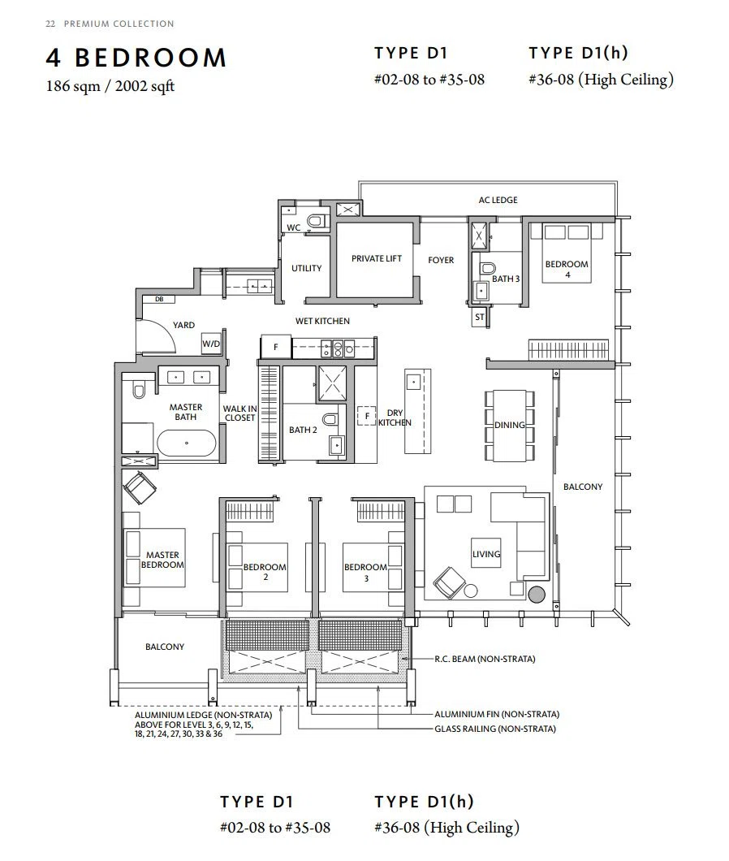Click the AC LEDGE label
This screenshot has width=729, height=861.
pos(498,200)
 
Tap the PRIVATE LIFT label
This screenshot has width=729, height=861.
pos(377,258)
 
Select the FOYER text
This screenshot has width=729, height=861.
pos(441,260)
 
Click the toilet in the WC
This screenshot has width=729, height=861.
pos(316,221)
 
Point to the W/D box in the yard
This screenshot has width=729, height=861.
pos(211,344)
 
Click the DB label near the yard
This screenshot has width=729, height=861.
pos(158,299)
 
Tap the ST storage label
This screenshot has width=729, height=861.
pos(480,317)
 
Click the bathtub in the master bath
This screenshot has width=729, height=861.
pos(187,443)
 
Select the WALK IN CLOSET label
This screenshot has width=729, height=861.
pos(240,413)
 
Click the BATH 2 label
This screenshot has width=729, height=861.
pos(303,430)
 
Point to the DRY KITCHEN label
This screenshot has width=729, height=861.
pos(395,418)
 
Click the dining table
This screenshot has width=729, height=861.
pos(510,425)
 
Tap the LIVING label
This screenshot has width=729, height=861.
pos(486,554)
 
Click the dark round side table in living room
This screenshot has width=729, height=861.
pos(537,594)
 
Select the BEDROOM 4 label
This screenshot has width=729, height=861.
pos(567,269)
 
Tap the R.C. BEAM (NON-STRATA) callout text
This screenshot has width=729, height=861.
pos(485,659)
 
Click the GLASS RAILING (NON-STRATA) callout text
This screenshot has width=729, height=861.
pos(495,729)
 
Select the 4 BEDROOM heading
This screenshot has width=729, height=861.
pos(136,58)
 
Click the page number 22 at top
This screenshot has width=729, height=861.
pos(50,24)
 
